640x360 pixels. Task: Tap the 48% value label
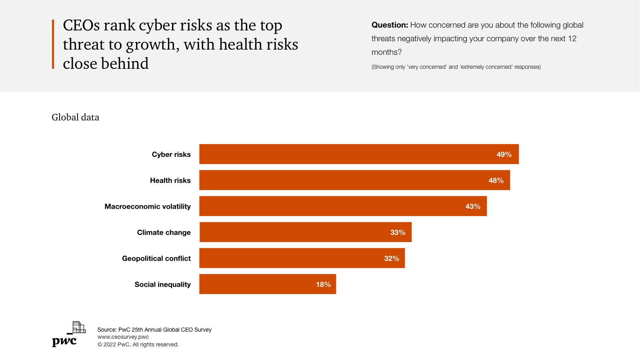click(496, 180)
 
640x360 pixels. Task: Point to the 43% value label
click(472, 206)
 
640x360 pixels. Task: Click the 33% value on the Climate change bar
click(398, 232)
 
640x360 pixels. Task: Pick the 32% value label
click(391, 258)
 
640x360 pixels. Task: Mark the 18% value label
click(323, 284)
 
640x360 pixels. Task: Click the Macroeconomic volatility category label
click(148, 206)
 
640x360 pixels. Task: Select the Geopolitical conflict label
click(156, 258)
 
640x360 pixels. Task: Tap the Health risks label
click(170, 180)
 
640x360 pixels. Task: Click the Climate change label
click(164, 232)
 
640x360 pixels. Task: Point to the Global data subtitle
click(75, 117)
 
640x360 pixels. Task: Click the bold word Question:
click(390, 25)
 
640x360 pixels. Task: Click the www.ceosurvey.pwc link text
click(123, 337)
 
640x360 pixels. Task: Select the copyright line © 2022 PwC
click(138, 344)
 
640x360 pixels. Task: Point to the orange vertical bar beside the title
click(53, 44)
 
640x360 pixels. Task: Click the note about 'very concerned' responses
click(456, 67)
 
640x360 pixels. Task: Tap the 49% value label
click(504, 154)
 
